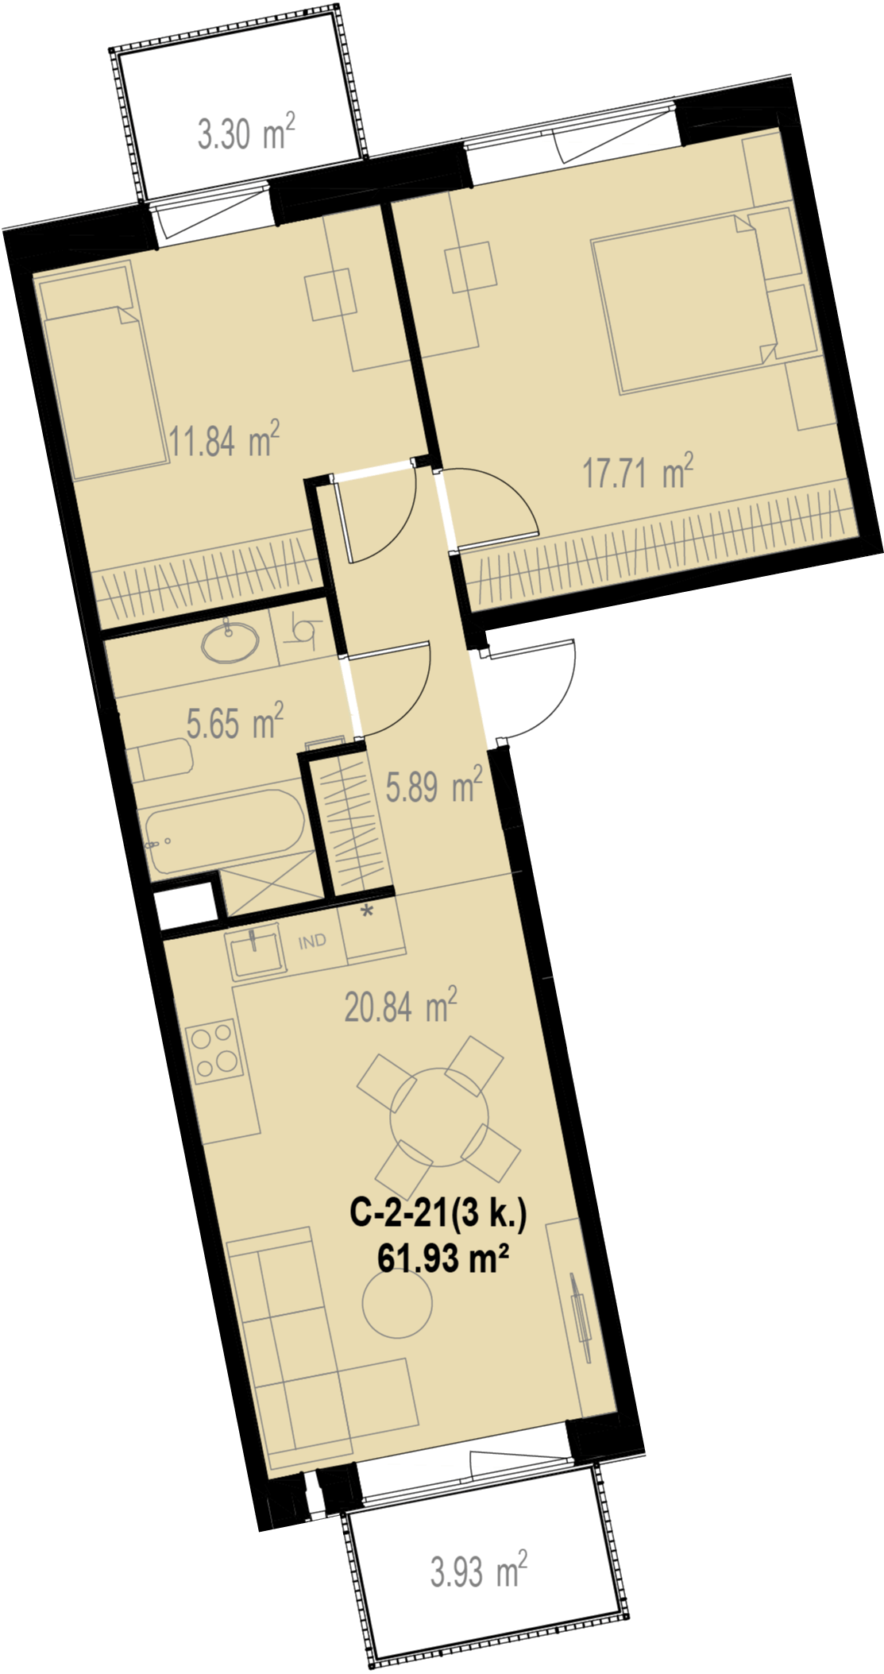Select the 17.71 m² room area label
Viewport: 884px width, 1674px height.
[x=638, y=472]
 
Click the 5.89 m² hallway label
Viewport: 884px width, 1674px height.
[x=434, y=785]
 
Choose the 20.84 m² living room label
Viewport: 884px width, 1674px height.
[x=400, y=1006]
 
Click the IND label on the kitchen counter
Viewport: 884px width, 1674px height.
[x=312, y=941]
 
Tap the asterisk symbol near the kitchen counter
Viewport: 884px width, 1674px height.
[x=367, y=911]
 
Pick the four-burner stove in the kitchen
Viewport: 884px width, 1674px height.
[x=213, y=1050]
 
